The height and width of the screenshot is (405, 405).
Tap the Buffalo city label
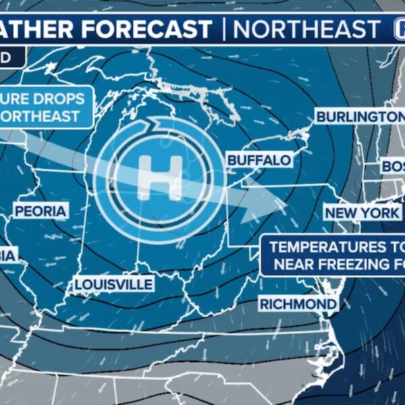tap(259, 161)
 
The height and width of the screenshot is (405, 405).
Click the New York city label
tap(362, 213)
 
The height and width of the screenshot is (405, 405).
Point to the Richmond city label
tap(298, 304)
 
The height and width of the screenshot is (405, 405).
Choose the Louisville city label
tap(113, 284)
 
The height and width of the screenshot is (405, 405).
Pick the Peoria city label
tap(40, 211)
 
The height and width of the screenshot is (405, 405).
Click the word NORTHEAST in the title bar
tap(307, 29)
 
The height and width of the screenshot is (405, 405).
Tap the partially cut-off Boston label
tap(391, 166)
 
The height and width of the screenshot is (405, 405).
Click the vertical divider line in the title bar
tap(223, 29)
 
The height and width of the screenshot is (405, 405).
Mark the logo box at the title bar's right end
tap(397, 29)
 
